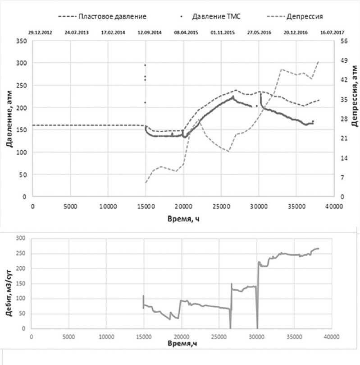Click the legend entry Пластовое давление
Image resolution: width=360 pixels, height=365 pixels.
(x=112, y=17)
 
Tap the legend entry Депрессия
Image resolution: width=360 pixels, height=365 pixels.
(x=304, y=17)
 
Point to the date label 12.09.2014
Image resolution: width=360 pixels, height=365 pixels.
(x=149, y=32)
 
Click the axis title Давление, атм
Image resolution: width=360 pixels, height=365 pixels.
(x=8, y=119)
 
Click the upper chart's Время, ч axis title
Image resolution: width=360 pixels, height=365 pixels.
(x=183, y=218)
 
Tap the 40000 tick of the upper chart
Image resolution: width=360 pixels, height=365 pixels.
(x=334, y=206)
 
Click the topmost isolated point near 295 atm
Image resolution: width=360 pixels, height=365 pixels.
(x=145, y=65)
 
